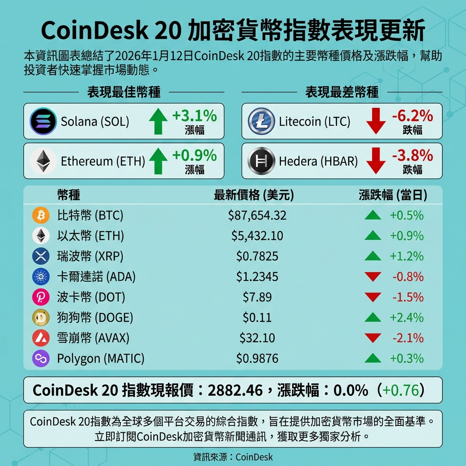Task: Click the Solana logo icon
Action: click(43, 122)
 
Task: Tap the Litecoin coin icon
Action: click(261, 122)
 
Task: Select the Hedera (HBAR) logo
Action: click(261, 161)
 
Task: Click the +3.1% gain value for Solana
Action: click(194, 116)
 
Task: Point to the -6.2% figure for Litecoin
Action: click(412, 116)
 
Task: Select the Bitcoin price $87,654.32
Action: click(257, 215)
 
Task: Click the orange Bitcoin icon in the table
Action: click(41, 215)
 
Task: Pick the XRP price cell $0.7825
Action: click(257, 256)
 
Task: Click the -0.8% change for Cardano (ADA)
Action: click(408, 277)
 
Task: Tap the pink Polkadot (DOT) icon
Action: click(41, 297)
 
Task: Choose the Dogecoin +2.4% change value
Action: click(406, 318)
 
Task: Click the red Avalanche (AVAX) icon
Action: click(41, 338)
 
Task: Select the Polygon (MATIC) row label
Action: click(101, 359)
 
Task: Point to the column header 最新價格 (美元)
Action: click(254, 196)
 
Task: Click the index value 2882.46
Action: click(235, 390)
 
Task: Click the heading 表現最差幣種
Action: click(342, 92)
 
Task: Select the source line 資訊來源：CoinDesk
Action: click(233, 457)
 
